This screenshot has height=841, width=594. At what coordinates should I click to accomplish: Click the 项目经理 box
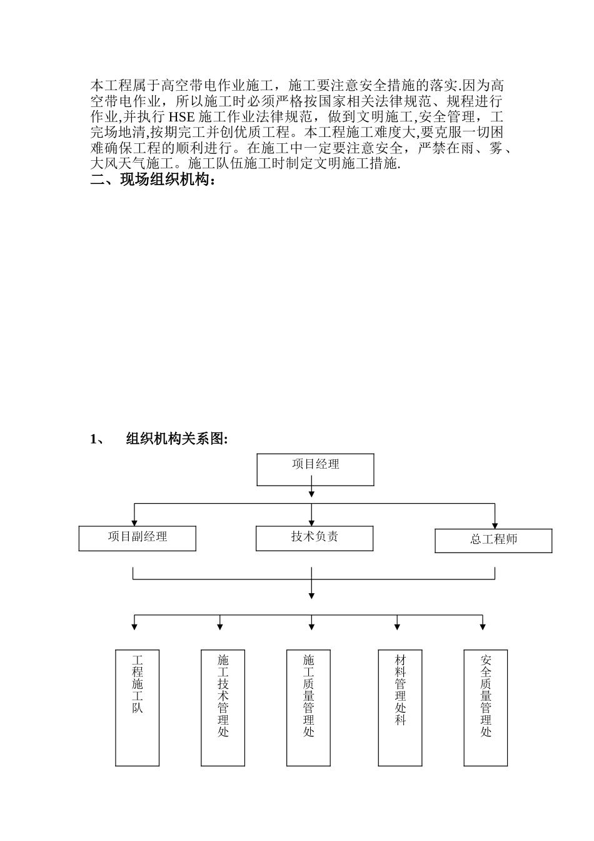pos(315,469)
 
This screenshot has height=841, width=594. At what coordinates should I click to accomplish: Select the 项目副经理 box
pos(137,538)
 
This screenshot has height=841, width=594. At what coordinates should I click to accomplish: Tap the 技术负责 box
pos(315,538)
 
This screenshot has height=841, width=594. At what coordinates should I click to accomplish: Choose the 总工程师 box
pos(493,541)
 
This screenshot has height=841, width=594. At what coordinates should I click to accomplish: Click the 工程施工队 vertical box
pos(138,708)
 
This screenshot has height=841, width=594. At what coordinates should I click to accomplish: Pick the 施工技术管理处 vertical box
pos(223,708)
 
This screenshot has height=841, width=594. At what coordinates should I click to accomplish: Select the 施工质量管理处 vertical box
pos(308,708)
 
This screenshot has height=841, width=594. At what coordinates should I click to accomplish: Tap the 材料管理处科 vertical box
pos(400,708)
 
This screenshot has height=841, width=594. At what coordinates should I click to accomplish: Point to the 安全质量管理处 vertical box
pos(485,708)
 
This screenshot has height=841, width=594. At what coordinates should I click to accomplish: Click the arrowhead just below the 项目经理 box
pos(311,494)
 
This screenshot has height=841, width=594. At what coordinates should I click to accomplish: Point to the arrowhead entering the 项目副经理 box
pos(133,523)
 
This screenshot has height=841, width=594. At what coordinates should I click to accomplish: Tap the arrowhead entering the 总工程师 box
pos(495,526)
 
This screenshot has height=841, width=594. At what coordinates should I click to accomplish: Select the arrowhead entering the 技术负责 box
pos(311,523)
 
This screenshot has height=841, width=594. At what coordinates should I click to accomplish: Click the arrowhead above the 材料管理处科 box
pos(397,626)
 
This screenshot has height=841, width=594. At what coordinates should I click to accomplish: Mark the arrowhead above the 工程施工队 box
pos(134,626)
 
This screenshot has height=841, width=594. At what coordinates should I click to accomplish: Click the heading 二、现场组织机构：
pos(154,181)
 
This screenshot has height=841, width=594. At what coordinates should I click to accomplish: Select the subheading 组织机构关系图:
pos(177,439)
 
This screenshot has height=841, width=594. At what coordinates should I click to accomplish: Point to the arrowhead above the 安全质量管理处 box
pos(483,626)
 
